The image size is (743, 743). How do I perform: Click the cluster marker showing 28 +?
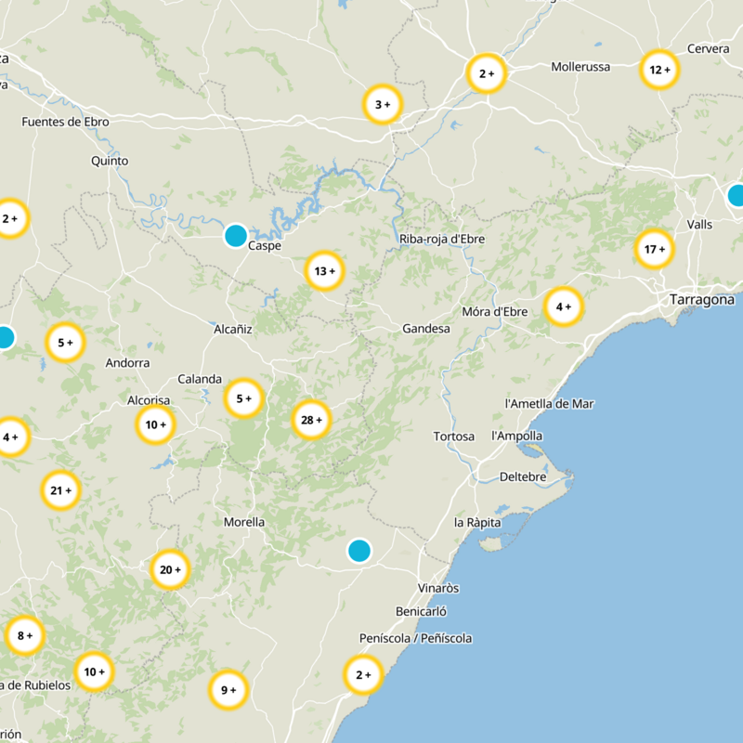coord(311,420)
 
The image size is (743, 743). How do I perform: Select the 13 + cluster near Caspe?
coord(324,271)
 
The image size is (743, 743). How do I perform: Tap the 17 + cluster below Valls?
coord(655,249)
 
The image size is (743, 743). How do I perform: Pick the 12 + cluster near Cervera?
coord(659,70)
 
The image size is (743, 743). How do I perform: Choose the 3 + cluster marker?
coord(382,105)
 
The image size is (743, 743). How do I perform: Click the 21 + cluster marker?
coord(61,490)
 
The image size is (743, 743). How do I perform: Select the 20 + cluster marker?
coord(170,569)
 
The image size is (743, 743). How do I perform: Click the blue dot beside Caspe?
coord(236,235)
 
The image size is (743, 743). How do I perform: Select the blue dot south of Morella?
coord(359,551)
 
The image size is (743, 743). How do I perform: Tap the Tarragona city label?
coord(702,300)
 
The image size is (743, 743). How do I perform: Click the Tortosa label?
coord(454,437)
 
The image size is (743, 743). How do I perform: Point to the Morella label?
coord(244,522)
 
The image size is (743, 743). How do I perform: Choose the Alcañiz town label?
coord(233,328)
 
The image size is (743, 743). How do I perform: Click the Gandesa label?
coord(426,329)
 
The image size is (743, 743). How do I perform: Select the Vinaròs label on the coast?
coord(439,588)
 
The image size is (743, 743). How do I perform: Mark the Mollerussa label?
coord(580,67)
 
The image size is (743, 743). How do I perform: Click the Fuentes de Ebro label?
coord(65,122)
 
